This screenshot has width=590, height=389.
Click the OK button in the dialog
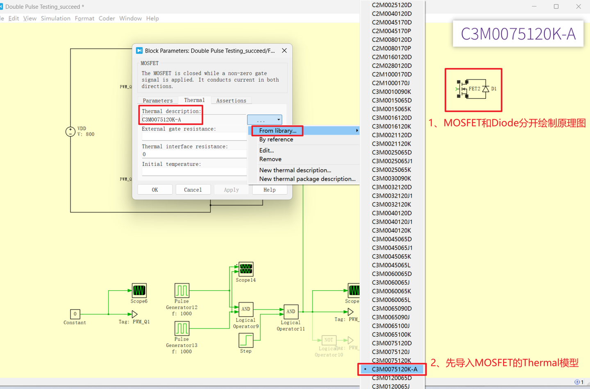[154, 190]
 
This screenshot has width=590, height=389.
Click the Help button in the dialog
[269, 190]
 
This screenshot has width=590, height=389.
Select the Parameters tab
[158, 100]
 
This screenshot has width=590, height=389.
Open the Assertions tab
[231, 100]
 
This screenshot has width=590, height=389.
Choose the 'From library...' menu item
[278, 131]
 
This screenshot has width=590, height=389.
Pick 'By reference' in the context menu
[276, 139]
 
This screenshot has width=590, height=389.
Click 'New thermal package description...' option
[307, 179]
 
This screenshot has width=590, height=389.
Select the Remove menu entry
[270, 159]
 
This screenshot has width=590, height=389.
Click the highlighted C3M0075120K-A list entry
[394, 369]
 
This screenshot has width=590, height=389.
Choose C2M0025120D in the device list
[392, 5]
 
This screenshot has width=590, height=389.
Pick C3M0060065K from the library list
[391, 291]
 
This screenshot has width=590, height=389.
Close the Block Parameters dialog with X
[284, 50]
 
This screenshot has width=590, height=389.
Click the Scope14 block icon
[246, 269]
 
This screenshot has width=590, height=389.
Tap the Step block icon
[246, 340]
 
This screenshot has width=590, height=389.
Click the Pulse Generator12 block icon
[182, 290]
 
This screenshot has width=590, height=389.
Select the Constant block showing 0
[75, 314]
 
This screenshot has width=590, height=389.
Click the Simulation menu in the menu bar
[56, 18]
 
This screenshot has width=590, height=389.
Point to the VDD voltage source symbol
[70, 131]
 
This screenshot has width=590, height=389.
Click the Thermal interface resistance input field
[194, 154]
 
